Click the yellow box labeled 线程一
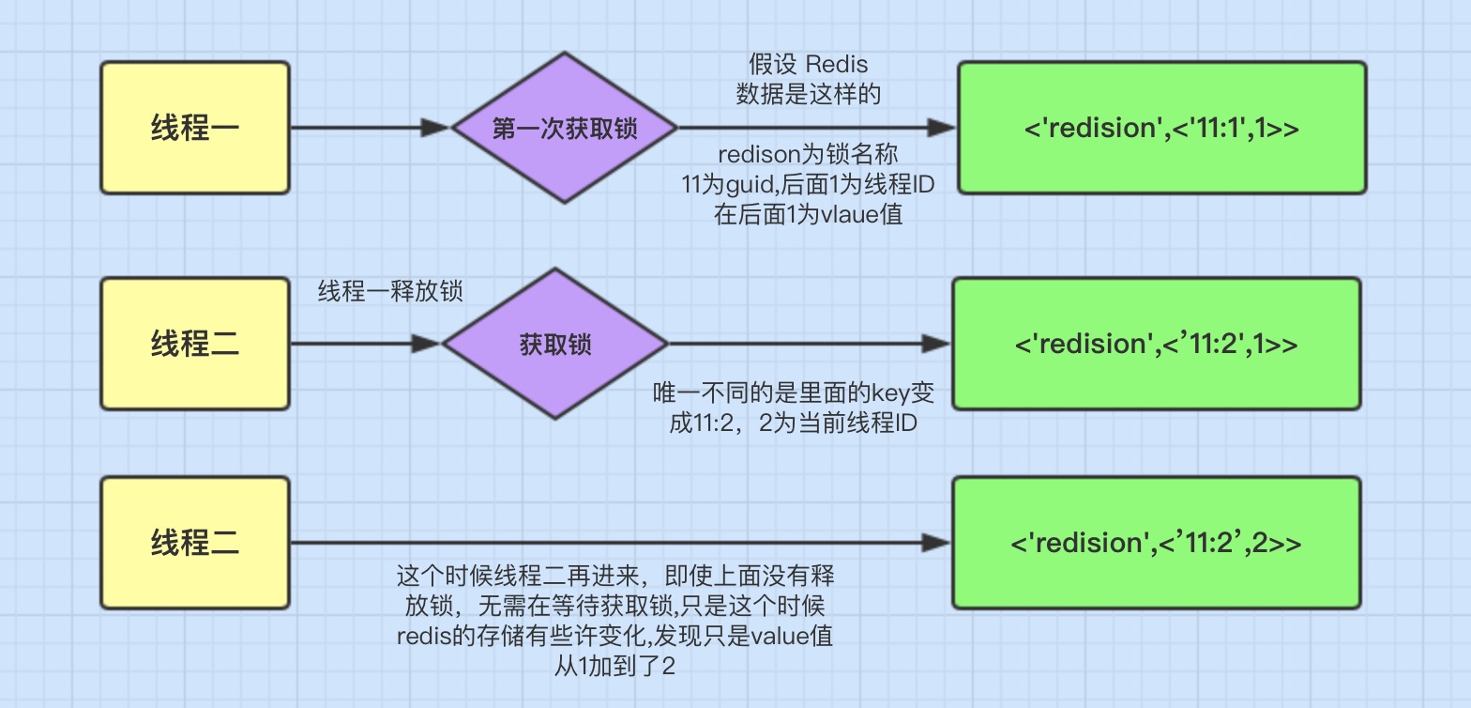click(x=194, y=128)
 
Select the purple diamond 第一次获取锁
click(x=564, y=128)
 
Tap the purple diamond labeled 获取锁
click(x=555, y=344)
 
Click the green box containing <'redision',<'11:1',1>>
click(x=1161, y=128)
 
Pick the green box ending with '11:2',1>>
click(x=1156, y=344)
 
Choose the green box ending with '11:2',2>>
click(x=1156, y=543)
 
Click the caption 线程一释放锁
click(x=390, y=292)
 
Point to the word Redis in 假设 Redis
click(x=837, y=65)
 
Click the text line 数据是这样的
click(x=808, y=94)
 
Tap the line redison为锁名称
click(x=808, y=155)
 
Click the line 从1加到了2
click(x=614, y=667)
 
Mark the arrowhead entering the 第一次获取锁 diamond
click(x=437, y=128)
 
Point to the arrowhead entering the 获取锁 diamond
click(x=427, y=344)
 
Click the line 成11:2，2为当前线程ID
click(x=793, y=423)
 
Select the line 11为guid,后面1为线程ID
click(x=808, y=185)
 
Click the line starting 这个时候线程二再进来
click(x=614, y=574)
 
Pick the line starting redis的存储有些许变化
click(x=614, y=636)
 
